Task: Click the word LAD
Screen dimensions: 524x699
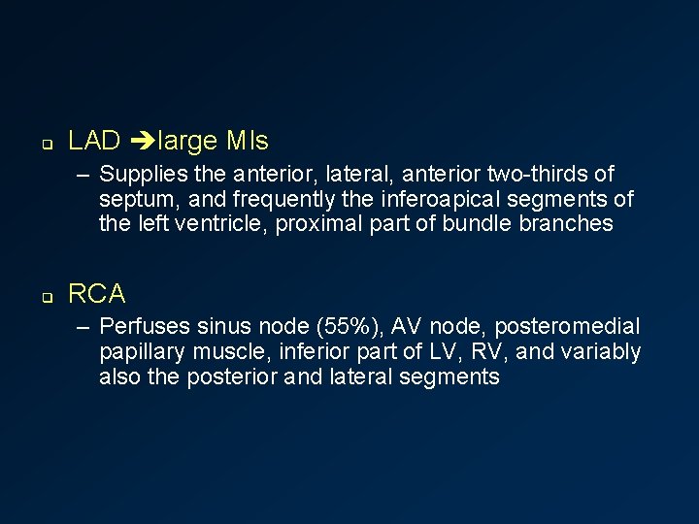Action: (x=94, y=142)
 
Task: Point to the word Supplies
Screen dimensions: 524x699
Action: (x=141, y=175)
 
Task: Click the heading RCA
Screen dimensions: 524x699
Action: (x=97, y=293)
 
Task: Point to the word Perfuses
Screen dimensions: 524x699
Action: (x=142, y=327)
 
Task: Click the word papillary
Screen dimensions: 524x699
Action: (x=142, y=352)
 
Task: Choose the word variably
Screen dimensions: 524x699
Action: (x=600, y=352)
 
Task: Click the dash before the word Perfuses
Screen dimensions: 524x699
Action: (x=85, y=327)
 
